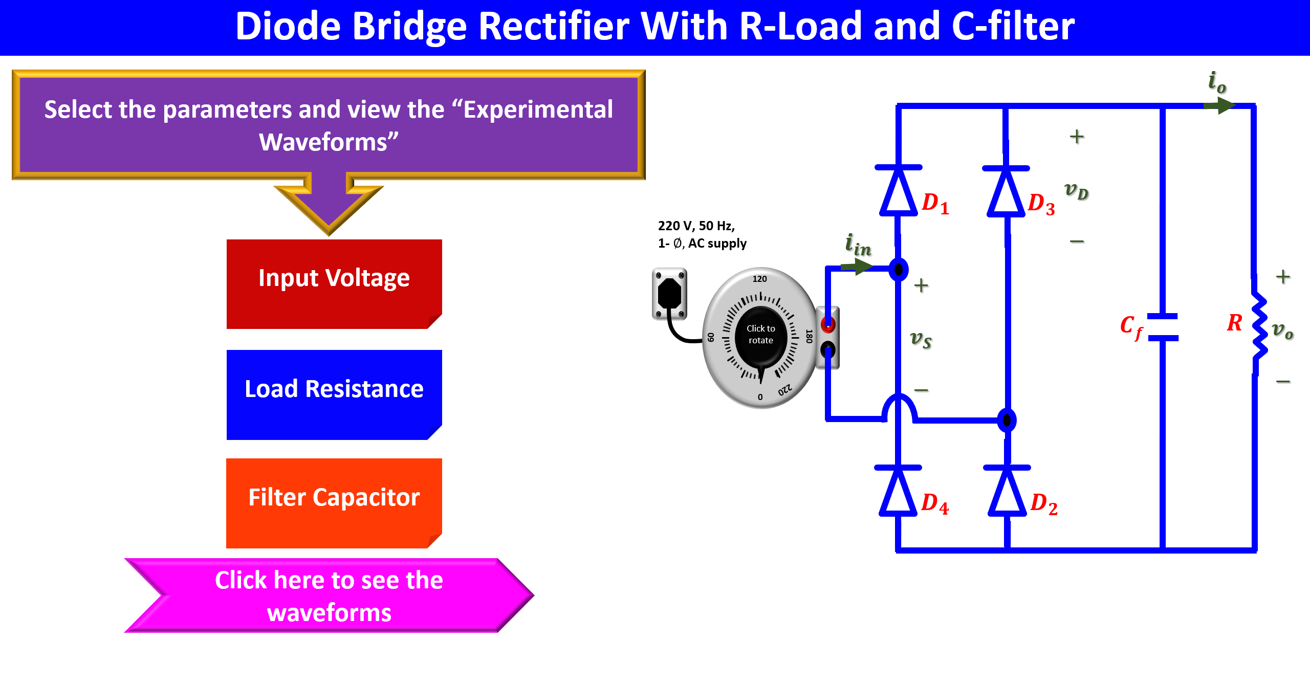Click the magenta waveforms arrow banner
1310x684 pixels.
pyautogui.click(x=329, y=595)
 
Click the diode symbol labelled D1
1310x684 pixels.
pyautogui.click(x=898, y=191)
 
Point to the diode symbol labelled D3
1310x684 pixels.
pyautogui.click(x=1006, y=192)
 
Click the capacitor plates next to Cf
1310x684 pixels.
pyautogui.click(x=1163, y=327)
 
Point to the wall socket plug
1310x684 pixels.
pyautogui.click(x=669, y=294)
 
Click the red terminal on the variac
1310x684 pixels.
pyautogui.click(x=827, y=324)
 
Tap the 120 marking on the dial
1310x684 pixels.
pyautogui.click(x=759, y=279)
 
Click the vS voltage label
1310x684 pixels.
pyautogui.click(x=921, y=339)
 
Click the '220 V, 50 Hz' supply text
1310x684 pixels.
pyautogui.click(x=696, y=226)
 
